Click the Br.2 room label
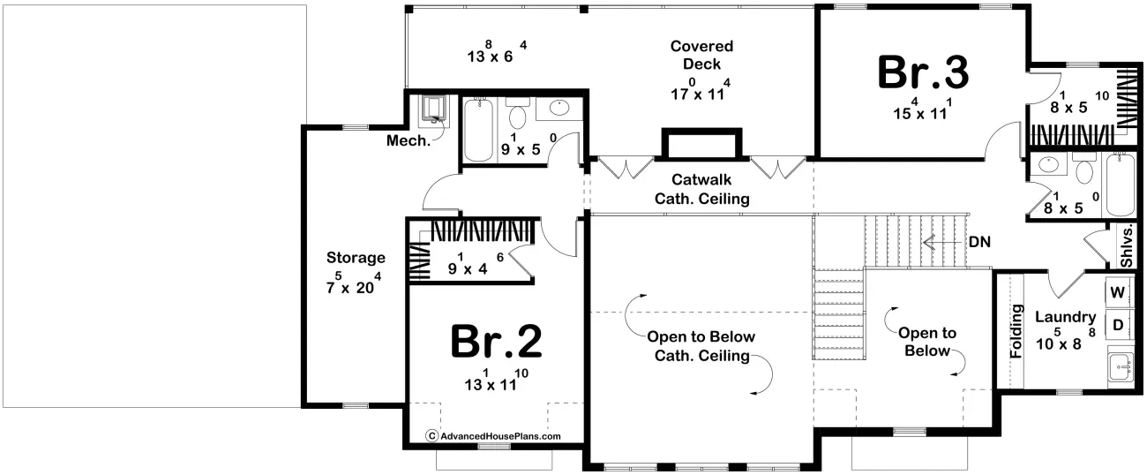(496, 342)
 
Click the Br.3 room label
(923, 72)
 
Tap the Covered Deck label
(701, 55)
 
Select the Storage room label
(356, 257)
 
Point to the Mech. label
(409, 140)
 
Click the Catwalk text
(701, 179)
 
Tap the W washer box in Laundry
(1117, 292)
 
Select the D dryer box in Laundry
(1117, 324)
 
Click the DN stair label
(979, 242)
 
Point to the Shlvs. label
(1127, 246)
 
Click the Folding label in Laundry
(1016, 331)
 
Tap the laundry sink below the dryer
(1121, 366)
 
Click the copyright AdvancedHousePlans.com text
(493, 436)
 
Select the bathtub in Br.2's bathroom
(478, 130)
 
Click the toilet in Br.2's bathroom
(518, 113)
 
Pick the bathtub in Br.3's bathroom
(1120, 185)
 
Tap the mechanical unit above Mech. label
(433, 109)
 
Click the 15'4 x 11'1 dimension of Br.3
(922, 109)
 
